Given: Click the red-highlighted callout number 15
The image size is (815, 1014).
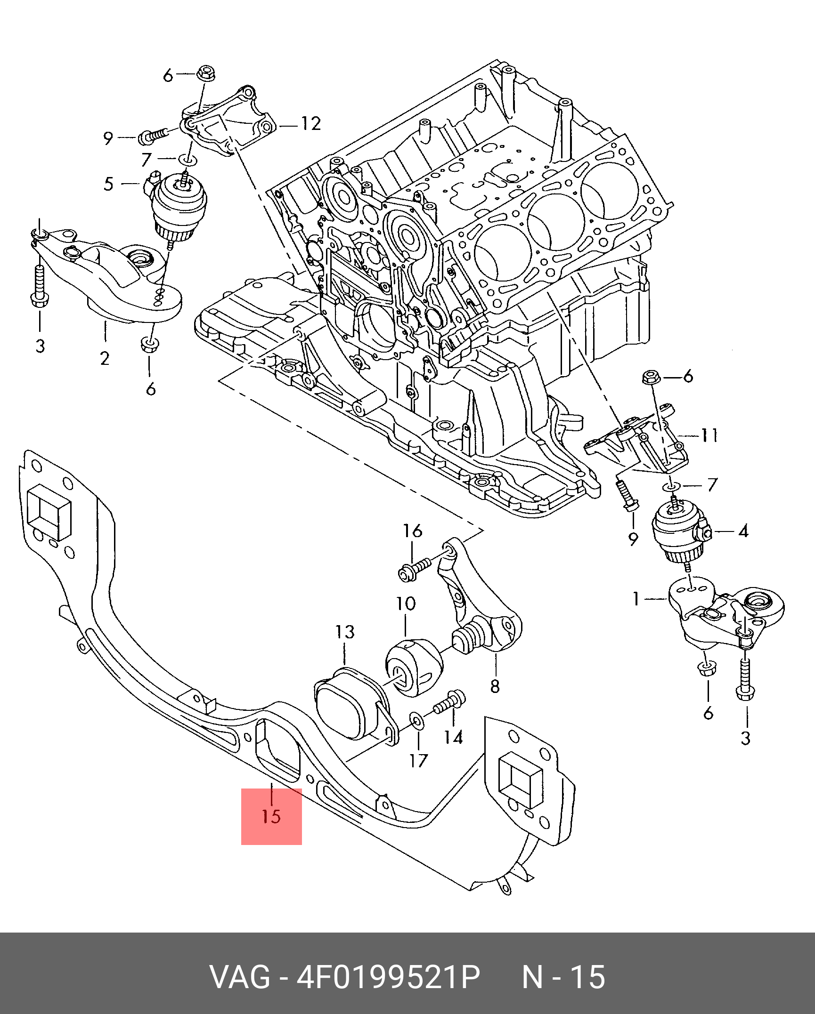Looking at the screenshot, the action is pyautogui.click(x=271, y=816).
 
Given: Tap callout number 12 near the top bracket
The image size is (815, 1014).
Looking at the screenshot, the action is pyautogui.click(x=311, y=123).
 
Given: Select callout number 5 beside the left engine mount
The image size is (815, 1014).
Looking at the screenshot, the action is pyautogui.click(x=109, y=184).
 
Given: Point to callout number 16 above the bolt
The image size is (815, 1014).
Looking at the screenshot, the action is pyautogui.click(x=412, y=531).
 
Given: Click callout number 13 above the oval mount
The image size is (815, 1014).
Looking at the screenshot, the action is pyautogui.click(x=345, y=632).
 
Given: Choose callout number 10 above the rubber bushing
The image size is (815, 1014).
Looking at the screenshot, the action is pyautogui.click(x=406, y=604).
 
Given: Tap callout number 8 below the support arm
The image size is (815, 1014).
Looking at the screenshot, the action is pyautogui.click(x=495, y=686).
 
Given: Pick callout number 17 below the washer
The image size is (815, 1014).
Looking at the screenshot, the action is pyautogui.click(x=418, y=761).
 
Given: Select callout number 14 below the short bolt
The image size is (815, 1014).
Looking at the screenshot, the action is pyautogui.click(x=453, y=737).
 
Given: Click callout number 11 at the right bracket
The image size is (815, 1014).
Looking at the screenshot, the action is pyautogui.click(x=709, y=435).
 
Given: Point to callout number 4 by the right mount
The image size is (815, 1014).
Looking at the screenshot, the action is pyautogui.click(x=743, y=531).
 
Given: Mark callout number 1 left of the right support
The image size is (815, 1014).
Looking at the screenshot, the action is pyautogui.click(x=636, y=599).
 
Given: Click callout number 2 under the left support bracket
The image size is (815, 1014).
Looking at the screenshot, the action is pyautogui.click(x=105, y=358).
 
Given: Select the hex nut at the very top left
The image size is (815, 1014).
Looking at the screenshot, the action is pyautogui.click(x=206, y=73).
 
